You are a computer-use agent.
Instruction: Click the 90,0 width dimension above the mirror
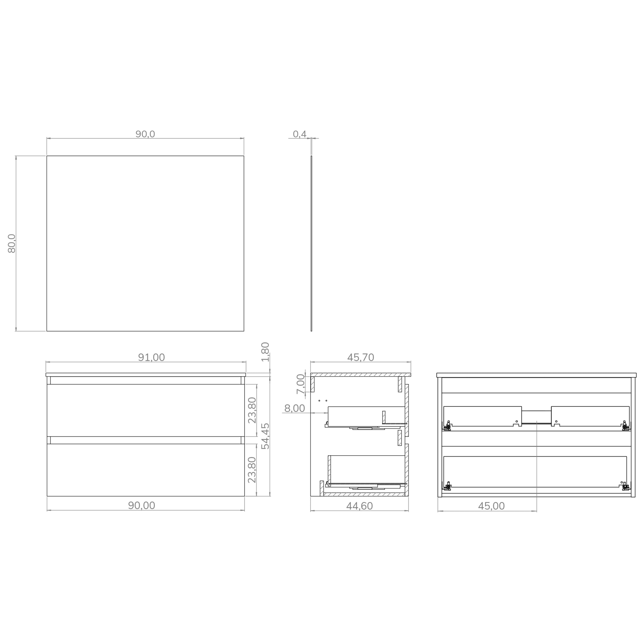(145, 134)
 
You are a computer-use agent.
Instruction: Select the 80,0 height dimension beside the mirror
(12, 243)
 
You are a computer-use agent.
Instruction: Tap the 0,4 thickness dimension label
(299, 134)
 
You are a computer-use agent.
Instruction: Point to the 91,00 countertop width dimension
(151, 357)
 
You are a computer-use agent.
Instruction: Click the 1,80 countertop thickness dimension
(265, 351)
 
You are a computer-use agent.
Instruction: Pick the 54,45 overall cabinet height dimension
(265, 436)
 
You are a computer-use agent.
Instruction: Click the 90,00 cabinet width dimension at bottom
(142, 505)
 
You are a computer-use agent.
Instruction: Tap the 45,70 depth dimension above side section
(360, 357)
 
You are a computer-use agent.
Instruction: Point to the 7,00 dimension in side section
(300, 384)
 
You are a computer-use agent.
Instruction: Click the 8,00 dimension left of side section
(294, 408)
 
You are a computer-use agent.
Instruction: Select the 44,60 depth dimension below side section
(359, 506)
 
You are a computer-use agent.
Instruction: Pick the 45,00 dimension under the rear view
(491, 506)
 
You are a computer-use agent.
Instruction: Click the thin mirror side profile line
(311, 243)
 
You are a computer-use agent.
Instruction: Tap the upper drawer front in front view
(146, 410)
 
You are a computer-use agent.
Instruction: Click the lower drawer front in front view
(146, 470)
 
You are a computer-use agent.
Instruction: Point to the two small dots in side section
(322, 400)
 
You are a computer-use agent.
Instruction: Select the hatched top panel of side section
(360, 375)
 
